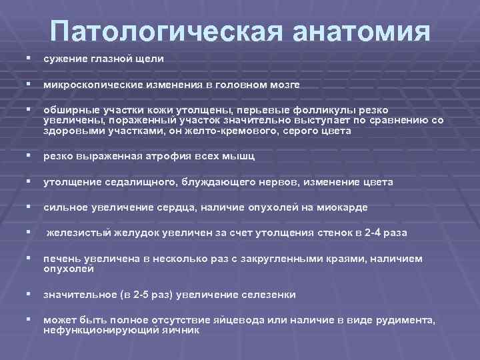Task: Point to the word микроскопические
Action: [x=89, y=85]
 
